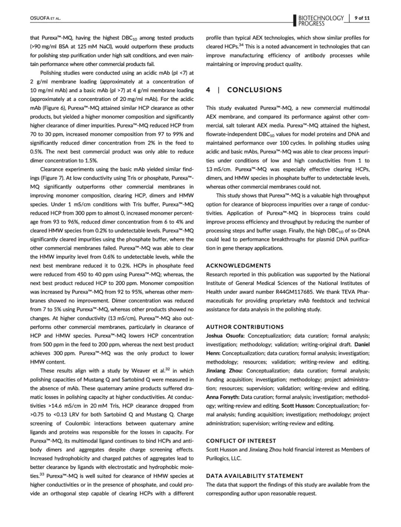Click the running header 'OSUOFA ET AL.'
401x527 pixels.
[45, 18]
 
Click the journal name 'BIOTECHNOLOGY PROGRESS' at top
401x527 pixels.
[321, 21]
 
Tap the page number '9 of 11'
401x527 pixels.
[362, 18]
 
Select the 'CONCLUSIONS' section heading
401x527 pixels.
[255, 90]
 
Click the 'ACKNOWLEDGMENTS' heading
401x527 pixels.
[238, 266]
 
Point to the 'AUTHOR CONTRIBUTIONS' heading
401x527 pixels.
[245, 327]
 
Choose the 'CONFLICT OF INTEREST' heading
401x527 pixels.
[241, 441]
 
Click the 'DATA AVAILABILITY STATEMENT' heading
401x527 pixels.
[255, 476]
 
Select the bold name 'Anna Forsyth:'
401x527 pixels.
[223, 397]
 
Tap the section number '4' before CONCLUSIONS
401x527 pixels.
[208, 90]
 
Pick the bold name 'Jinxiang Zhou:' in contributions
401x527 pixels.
[225, 371]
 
